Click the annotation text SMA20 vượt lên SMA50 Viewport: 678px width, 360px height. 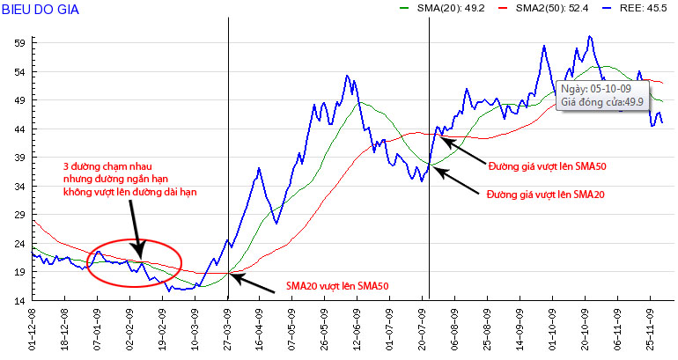click(x=337, y=286)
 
